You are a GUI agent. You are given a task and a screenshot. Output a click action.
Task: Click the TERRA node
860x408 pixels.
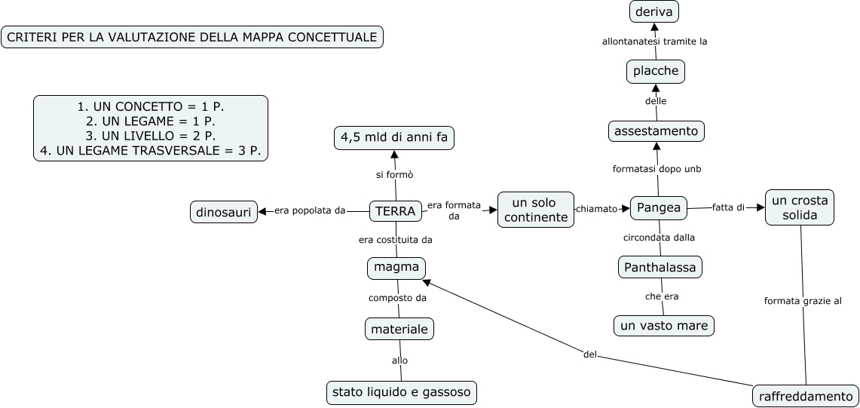[395, 212]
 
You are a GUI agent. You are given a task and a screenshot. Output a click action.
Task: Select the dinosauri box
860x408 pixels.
[224, 213]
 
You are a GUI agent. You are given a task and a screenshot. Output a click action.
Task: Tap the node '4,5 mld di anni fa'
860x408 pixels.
[394, 138]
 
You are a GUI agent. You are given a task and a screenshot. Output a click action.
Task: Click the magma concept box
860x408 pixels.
[396, 268]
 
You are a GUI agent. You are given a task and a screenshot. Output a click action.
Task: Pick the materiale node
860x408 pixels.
[399, 329]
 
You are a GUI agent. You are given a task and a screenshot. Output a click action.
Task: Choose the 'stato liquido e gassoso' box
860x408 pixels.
[402, 392]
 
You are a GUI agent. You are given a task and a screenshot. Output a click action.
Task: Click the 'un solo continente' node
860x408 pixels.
[535, 210]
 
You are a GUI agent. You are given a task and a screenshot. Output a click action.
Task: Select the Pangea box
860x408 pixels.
[659, 207]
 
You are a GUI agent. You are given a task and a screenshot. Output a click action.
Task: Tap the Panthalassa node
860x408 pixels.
[660, 267]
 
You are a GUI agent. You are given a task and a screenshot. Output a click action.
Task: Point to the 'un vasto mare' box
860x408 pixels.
[663, 326]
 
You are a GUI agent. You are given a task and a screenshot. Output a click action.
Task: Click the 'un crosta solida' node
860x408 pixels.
[800, 207]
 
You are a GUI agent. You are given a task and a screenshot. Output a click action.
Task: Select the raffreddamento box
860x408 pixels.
[806, 396]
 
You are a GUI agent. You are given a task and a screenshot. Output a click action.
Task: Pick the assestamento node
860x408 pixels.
[656, 131]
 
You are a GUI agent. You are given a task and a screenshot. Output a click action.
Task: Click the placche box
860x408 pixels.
[656, 72]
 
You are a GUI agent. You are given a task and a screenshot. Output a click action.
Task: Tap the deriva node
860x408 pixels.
[653, 12]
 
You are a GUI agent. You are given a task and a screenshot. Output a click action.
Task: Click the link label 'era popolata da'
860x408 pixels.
[309, 210]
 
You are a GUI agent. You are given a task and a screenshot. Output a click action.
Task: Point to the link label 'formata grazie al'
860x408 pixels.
[802, 301]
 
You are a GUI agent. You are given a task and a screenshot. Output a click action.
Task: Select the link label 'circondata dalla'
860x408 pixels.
[659, 238]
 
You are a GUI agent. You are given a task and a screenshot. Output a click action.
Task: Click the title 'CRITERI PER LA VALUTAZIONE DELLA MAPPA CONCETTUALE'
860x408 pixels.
[192, 37]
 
